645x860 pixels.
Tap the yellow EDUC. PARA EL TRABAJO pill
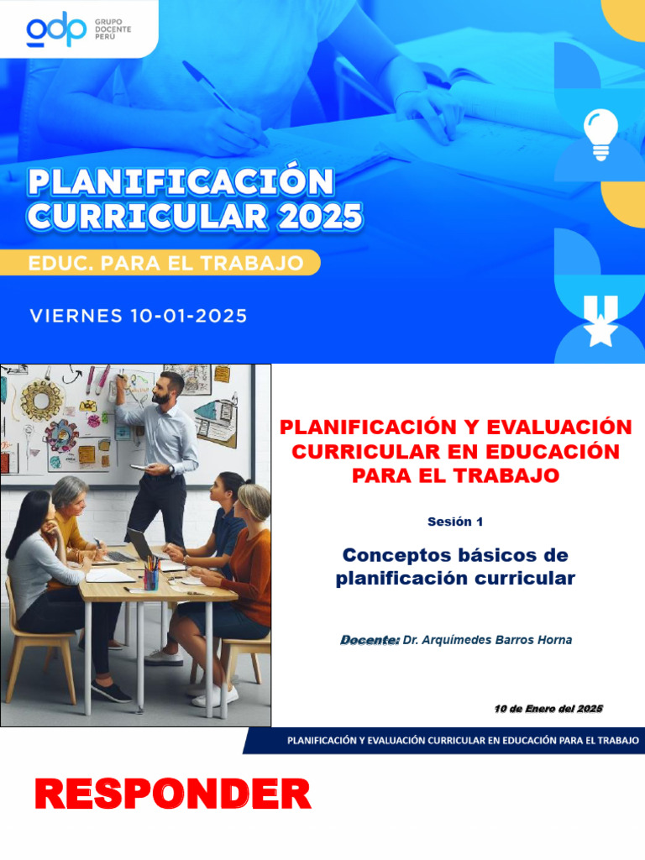pyautogui.click(x=165, y=263)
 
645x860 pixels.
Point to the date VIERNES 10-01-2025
pyautogui.click(x=139, y=317)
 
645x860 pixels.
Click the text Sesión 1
pyautogui.click(x=454, y=522)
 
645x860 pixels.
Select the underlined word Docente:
pyautogui.click(x=370, y=640)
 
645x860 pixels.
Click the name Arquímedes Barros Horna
pyautogui.click(x=488, y=640)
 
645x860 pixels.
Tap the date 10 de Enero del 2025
pyautogui.click(x=548, y=710)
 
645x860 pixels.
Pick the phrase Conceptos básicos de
pyautogui.click(x=455, y=555)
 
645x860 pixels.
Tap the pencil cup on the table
pyautogui.click(x=151, y=577)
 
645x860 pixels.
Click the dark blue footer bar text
pyautogui.click(x=463, y=741)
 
